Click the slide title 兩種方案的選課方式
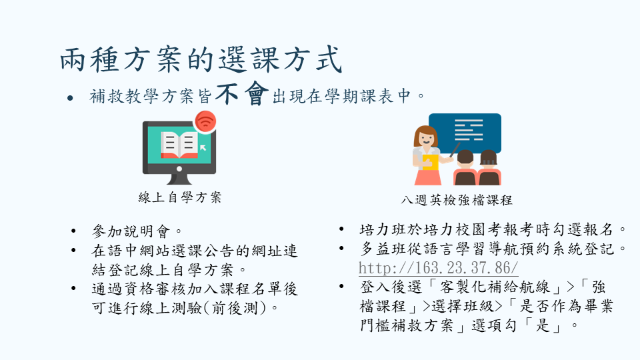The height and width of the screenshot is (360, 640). pos(201,59)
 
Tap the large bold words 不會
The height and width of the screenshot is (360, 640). pos(242,93)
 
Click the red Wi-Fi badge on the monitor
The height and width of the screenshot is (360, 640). pos(205,121)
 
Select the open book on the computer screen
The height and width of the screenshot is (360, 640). pos(179,145)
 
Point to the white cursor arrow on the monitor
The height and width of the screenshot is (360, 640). pos(203,147)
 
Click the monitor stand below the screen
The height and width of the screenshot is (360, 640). pos(179,179)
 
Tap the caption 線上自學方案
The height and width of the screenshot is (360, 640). pos(180,197)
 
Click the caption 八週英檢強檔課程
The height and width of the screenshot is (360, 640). pos(456,200)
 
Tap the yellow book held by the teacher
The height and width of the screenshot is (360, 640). pos(430,162)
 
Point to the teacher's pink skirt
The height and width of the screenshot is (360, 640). pos(428,177)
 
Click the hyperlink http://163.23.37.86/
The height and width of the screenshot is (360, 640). pos(439,268)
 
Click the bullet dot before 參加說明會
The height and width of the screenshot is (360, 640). pos(73,231)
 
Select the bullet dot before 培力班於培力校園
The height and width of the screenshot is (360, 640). pos(341,229)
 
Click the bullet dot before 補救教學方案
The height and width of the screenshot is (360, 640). pos(70,98)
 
